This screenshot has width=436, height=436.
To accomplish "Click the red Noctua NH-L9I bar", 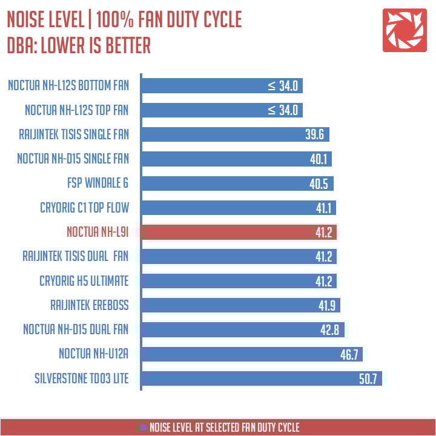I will [239, 232].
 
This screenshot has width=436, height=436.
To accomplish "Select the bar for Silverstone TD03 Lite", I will [261, 378].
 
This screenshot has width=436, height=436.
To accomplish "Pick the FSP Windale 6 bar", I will [237, 183].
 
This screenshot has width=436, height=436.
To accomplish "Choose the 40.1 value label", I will [318, 159].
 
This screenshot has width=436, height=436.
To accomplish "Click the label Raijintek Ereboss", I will [90, 305].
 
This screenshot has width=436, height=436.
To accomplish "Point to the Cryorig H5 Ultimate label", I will [84, 280].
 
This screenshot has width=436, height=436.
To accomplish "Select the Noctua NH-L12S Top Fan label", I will [77, 110].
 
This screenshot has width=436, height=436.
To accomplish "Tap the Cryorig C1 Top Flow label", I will [84, 208].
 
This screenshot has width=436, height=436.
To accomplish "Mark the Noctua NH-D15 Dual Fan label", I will [76, 329].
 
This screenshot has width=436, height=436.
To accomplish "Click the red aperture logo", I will [404, 30].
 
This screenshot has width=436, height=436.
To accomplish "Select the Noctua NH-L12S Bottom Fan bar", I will [221, 85].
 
